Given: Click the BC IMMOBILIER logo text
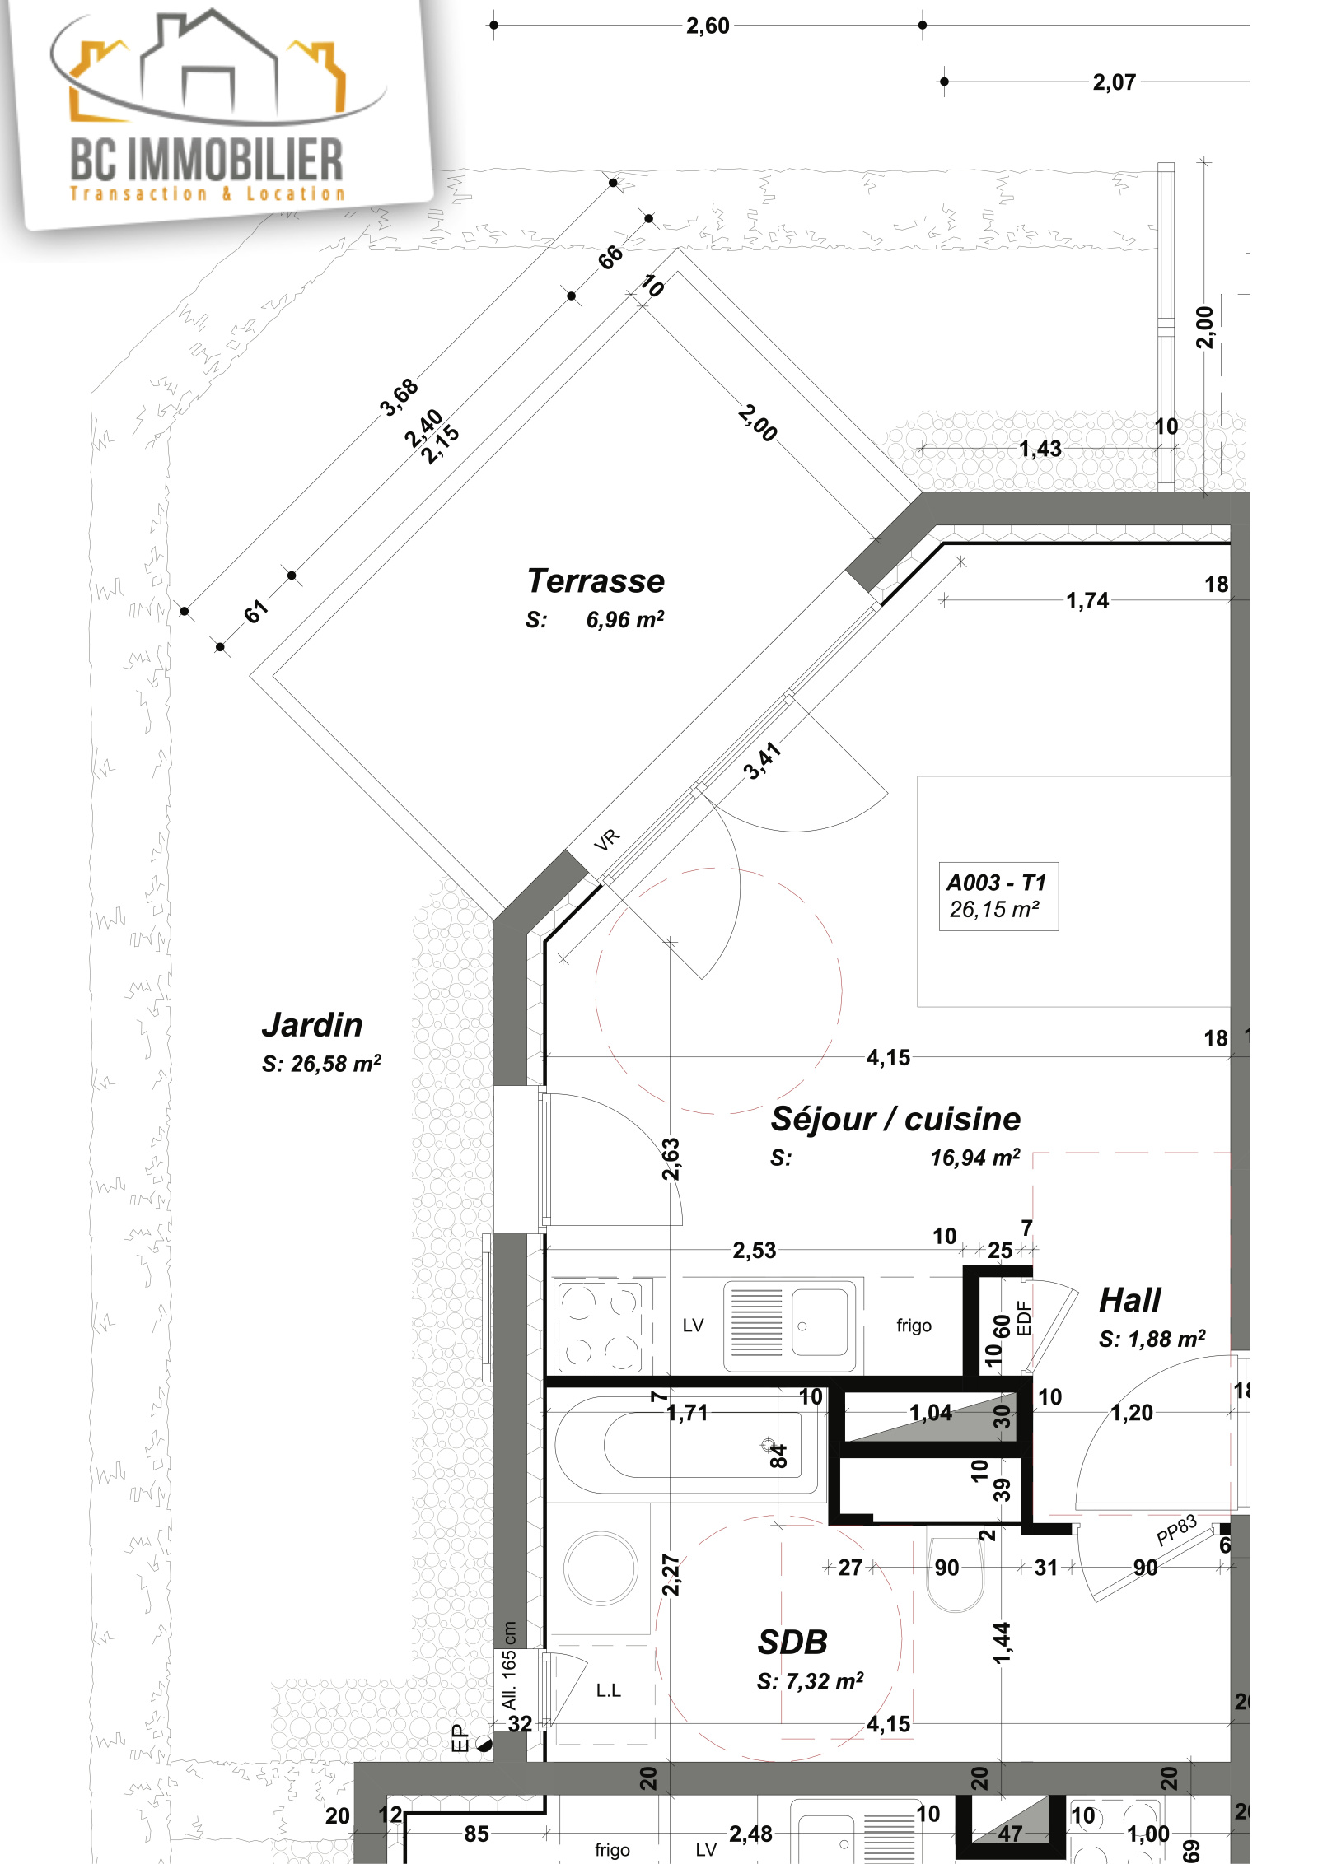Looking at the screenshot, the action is coord(207,160).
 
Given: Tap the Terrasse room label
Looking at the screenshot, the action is coord(596,580).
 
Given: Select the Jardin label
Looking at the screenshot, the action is coord(312,1025).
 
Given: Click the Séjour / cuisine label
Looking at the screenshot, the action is coord(895,1119).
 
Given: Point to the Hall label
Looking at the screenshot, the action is coord(1129,1300).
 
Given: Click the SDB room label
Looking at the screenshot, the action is coord(792,1643).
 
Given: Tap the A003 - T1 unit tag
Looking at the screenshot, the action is coord(996,883).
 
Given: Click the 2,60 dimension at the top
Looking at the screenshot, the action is coord(708,26).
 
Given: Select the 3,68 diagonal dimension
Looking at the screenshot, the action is coord(400,398).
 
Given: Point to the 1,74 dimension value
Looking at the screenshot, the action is coord(1087,600).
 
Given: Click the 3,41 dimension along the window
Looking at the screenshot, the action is coord(762,761).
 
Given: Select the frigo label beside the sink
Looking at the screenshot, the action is coord(914,1326).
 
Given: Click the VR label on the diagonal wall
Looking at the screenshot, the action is coord(607,840).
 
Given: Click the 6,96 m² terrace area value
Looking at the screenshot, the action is coord(624,620).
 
